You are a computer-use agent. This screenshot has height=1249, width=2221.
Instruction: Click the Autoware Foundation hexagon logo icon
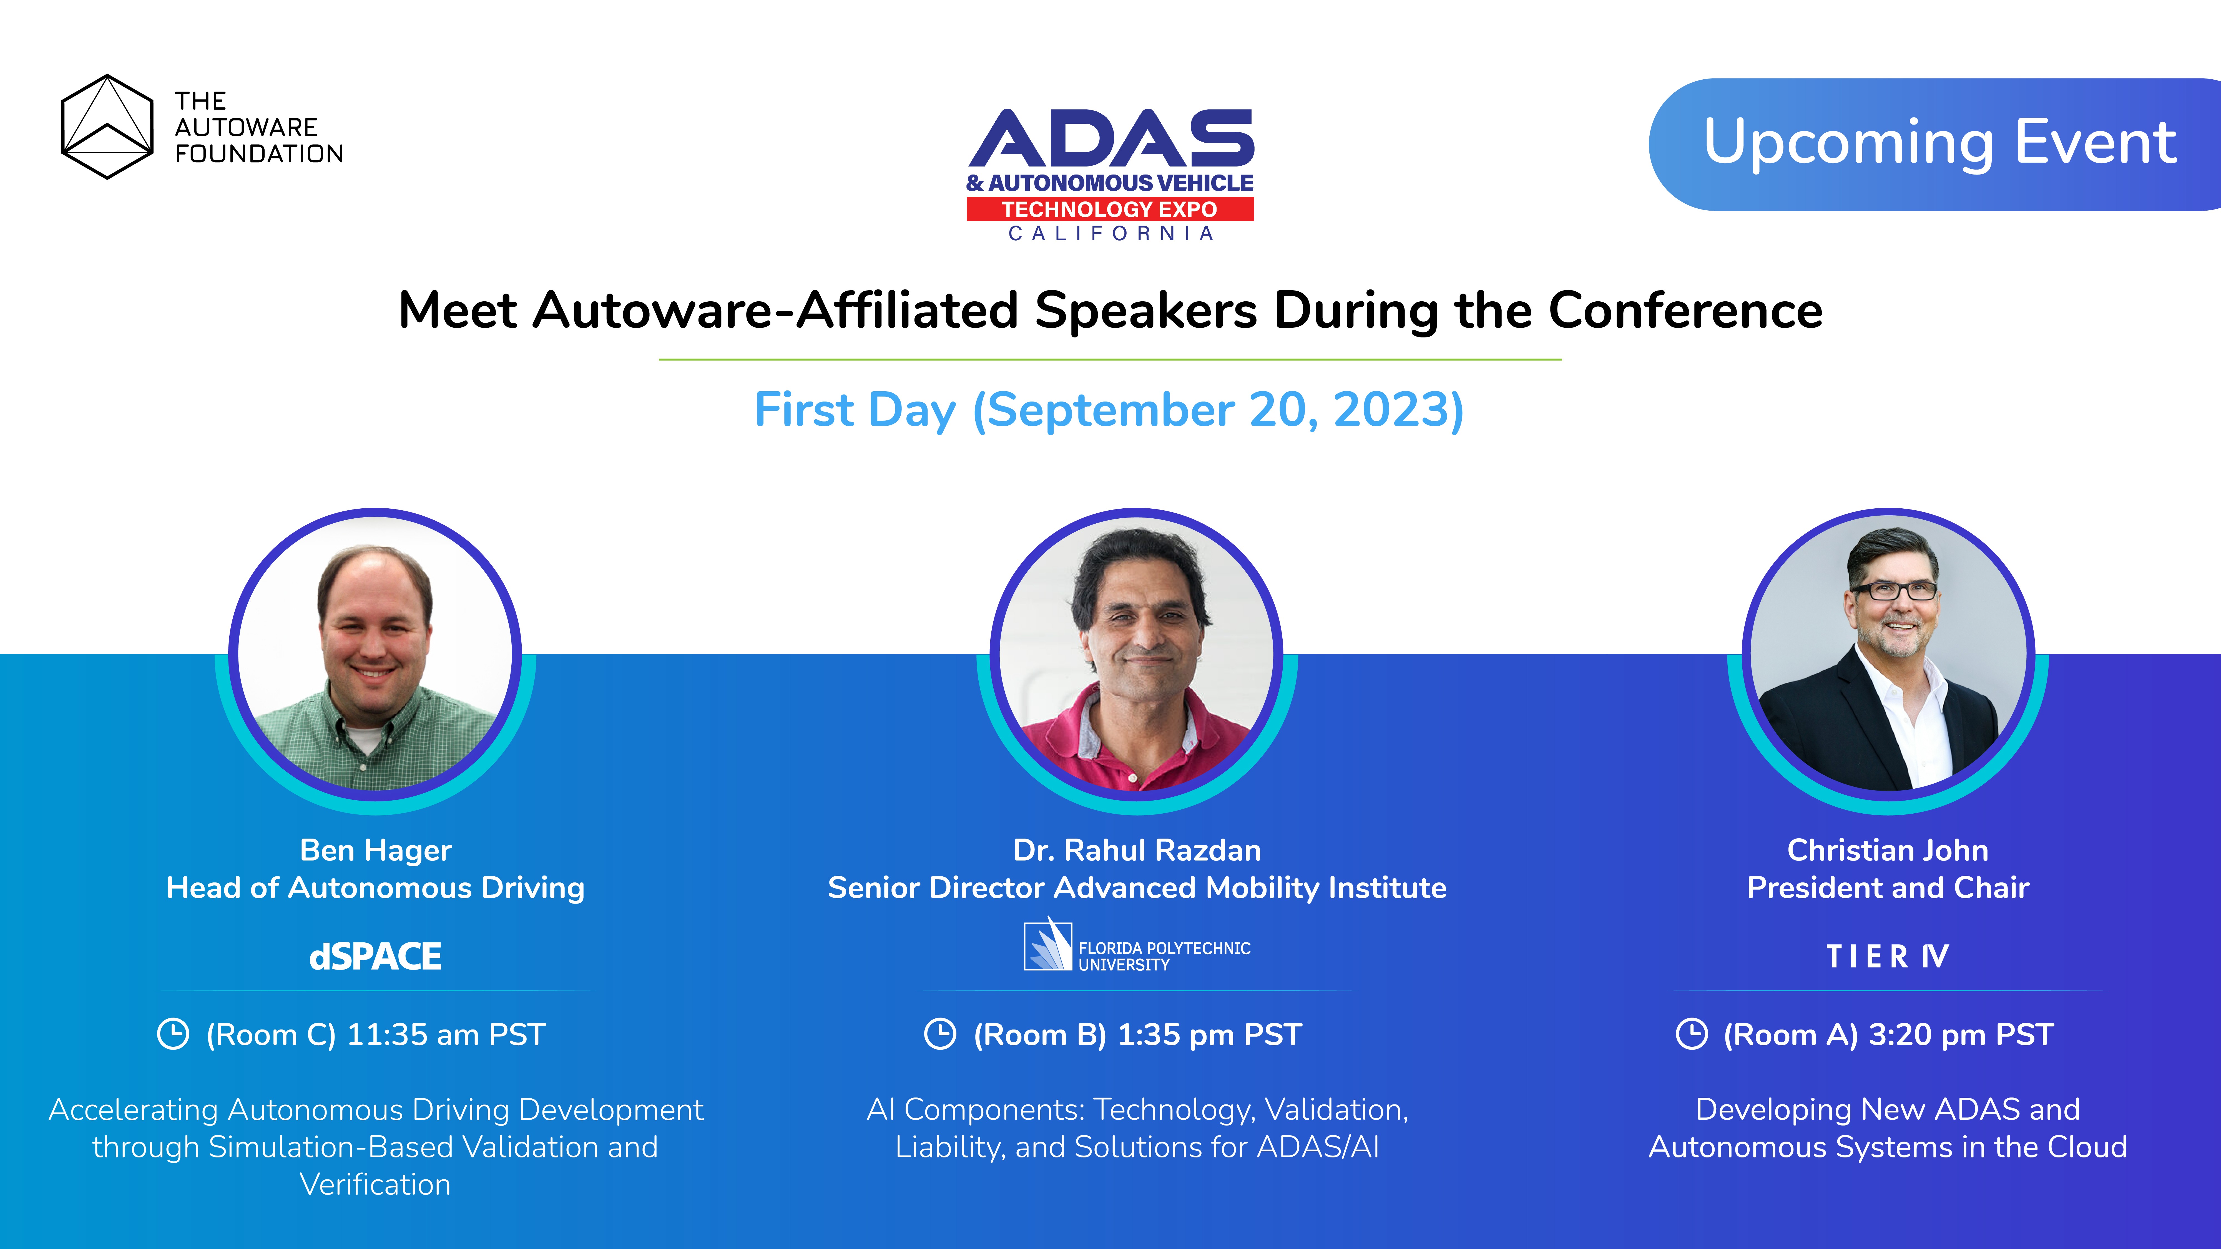(107, 127)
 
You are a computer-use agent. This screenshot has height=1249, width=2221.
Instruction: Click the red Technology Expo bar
(1110, 209)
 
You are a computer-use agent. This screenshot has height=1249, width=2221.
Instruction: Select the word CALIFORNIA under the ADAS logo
(1110, 234)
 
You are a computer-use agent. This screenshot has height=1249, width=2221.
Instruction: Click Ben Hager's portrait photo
(375, 655)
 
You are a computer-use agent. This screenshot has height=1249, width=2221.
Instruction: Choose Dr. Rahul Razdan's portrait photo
(1136, 655)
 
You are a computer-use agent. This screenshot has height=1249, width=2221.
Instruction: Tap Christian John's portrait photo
(1888, 655)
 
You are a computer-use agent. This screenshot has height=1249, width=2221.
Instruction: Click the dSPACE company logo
(375, 956)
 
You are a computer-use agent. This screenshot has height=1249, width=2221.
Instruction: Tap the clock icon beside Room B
(940, 1033)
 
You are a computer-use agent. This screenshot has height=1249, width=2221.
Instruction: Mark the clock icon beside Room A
(1691, 1033)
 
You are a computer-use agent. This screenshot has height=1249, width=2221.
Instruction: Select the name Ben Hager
(375, 850)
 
